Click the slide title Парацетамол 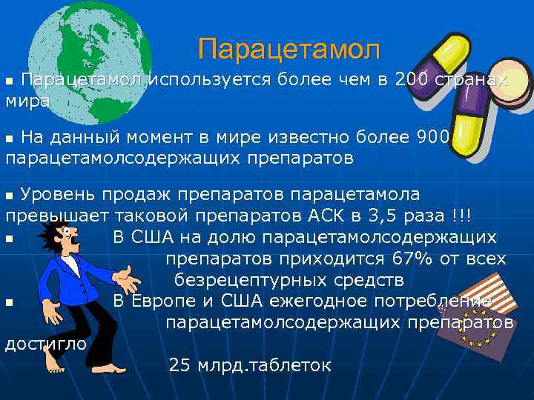point(289,50)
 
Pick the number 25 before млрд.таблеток point(179,366)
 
